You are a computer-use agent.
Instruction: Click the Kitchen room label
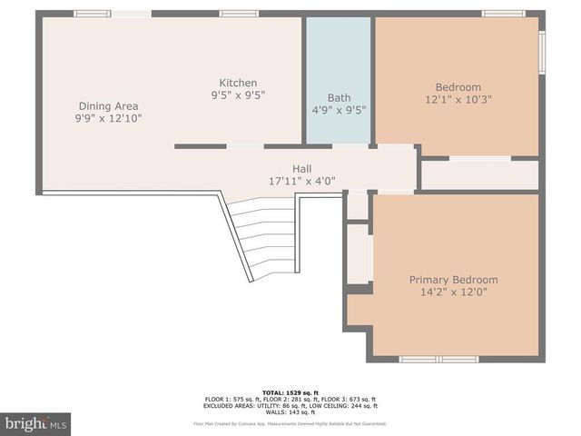click(x=238, y=83)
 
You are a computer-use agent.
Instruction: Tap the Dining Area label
click(x=108, y=105)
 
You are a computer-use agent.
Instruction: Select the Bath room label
click(x=339, y=98)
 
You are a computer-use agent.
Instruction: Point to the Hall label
click(x=301, y=168)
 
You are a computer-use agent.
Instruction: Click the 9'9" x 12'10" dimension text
click(x=108, y=118)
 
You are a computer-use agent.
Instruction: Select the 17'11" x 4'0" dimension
click(x=301, y=181)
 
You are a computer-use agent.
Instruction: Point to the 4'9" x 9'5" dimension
click(x=339, y=111)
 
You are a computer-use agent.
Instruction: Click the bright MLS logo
click(x=36, y=423)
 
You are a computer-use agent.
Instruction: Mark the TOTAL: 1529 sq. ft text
click(x=290, y=392)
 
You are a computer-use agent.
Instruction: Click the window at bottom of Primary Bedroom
click(x=438, y=359)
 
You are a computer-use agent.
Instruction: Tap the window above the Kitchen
click(x=239, y=14)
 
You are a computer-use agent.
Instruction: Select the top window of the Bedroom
click(x=503, y=14)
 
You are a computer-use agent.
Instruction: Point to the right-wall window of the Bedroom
click(x=542, y=52)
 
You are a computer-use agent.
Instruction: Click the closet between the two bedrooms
click(x=480, y=174)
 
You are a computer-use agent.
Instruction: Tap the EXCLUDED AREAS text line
click(x=290, y=406)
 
